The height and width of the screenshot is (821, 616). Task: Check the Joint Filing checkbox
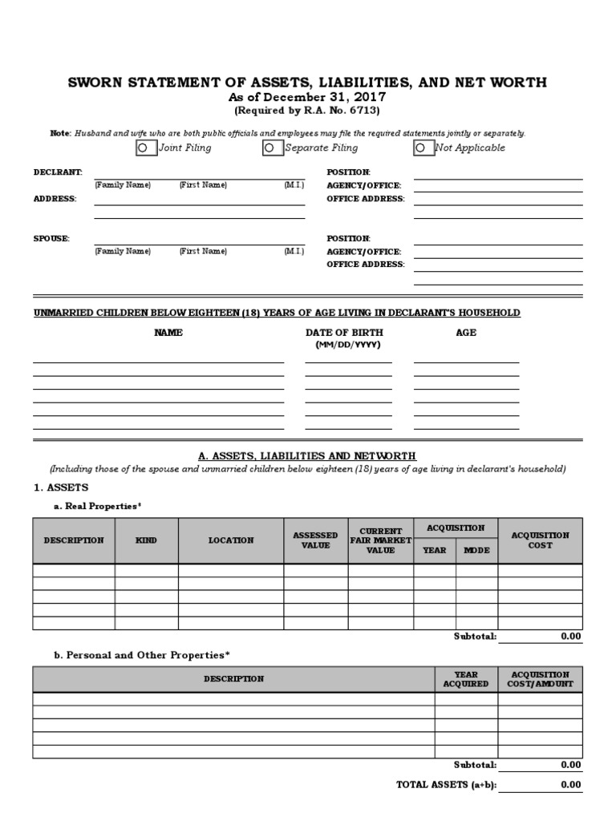(x=142, y=148)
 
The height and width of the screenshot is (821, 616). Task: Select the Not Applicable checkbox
(x=419, y=148)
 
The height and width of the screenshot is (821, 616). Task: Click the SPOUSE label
(x=51, y=238)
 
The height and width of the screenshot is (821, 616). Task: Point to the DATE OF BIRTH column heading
(x=344, y=333)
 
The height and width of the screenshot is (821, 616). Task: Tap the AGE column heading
(x=466, y=333)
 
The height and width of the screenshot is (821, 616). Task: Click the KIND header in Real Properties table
(x=146, y=540)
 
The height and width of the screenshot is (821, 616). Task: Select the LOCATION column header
(x=231, y=540)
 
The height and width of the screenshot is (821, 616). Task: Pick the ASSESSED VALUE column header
(x=315, y=540)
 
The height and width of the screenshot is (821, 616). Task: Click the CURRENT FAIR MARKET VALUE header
(x=380, y=540)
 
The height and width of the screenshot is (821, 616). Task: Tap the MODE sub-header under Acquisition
(x=476, y=551)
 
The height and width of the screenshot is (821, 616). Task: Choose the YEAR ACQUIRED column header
(x=465, y=680)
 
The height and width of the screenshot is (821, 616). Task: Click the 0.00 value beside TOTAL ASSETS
(x=570, y=785)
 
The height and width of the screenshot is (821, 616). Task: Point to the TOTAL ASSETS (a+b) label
(x=444, y=785)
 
